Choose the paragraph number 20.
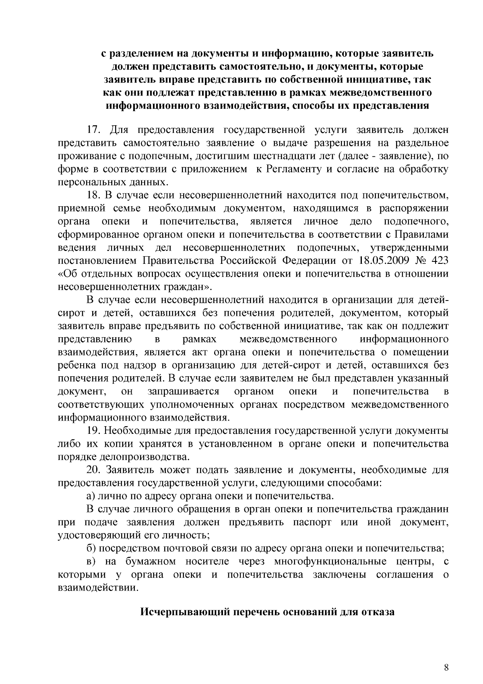[x=94, y=470]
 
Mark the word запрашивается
[x=183, y=392]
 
